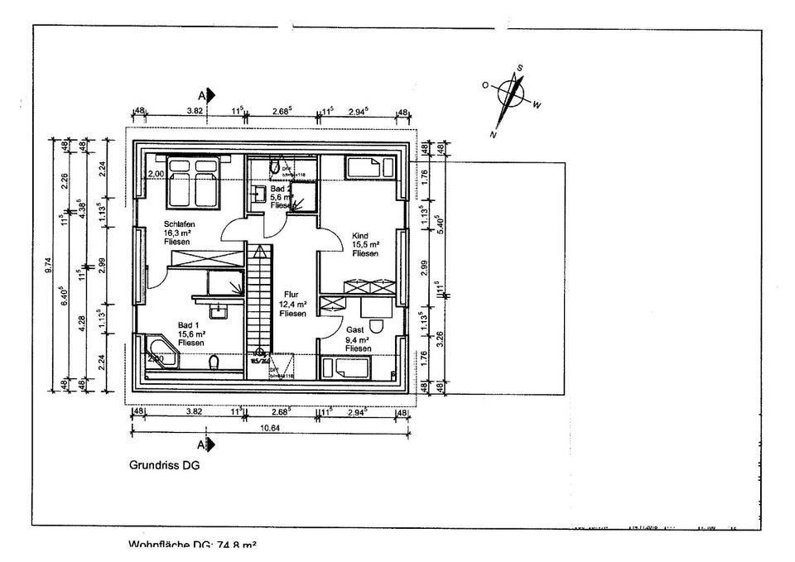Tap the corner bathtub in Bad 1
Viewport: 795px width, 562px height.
pos(161,351)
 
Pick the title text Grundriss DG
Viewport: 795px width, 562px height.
pos(164,465)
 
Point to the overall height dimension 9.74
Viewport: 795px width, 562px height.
pos(51,265)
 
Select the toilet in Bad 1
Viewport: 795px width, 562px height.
pos(214,363)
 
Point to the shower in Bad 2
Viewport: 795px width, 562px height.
pos(302,196)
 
